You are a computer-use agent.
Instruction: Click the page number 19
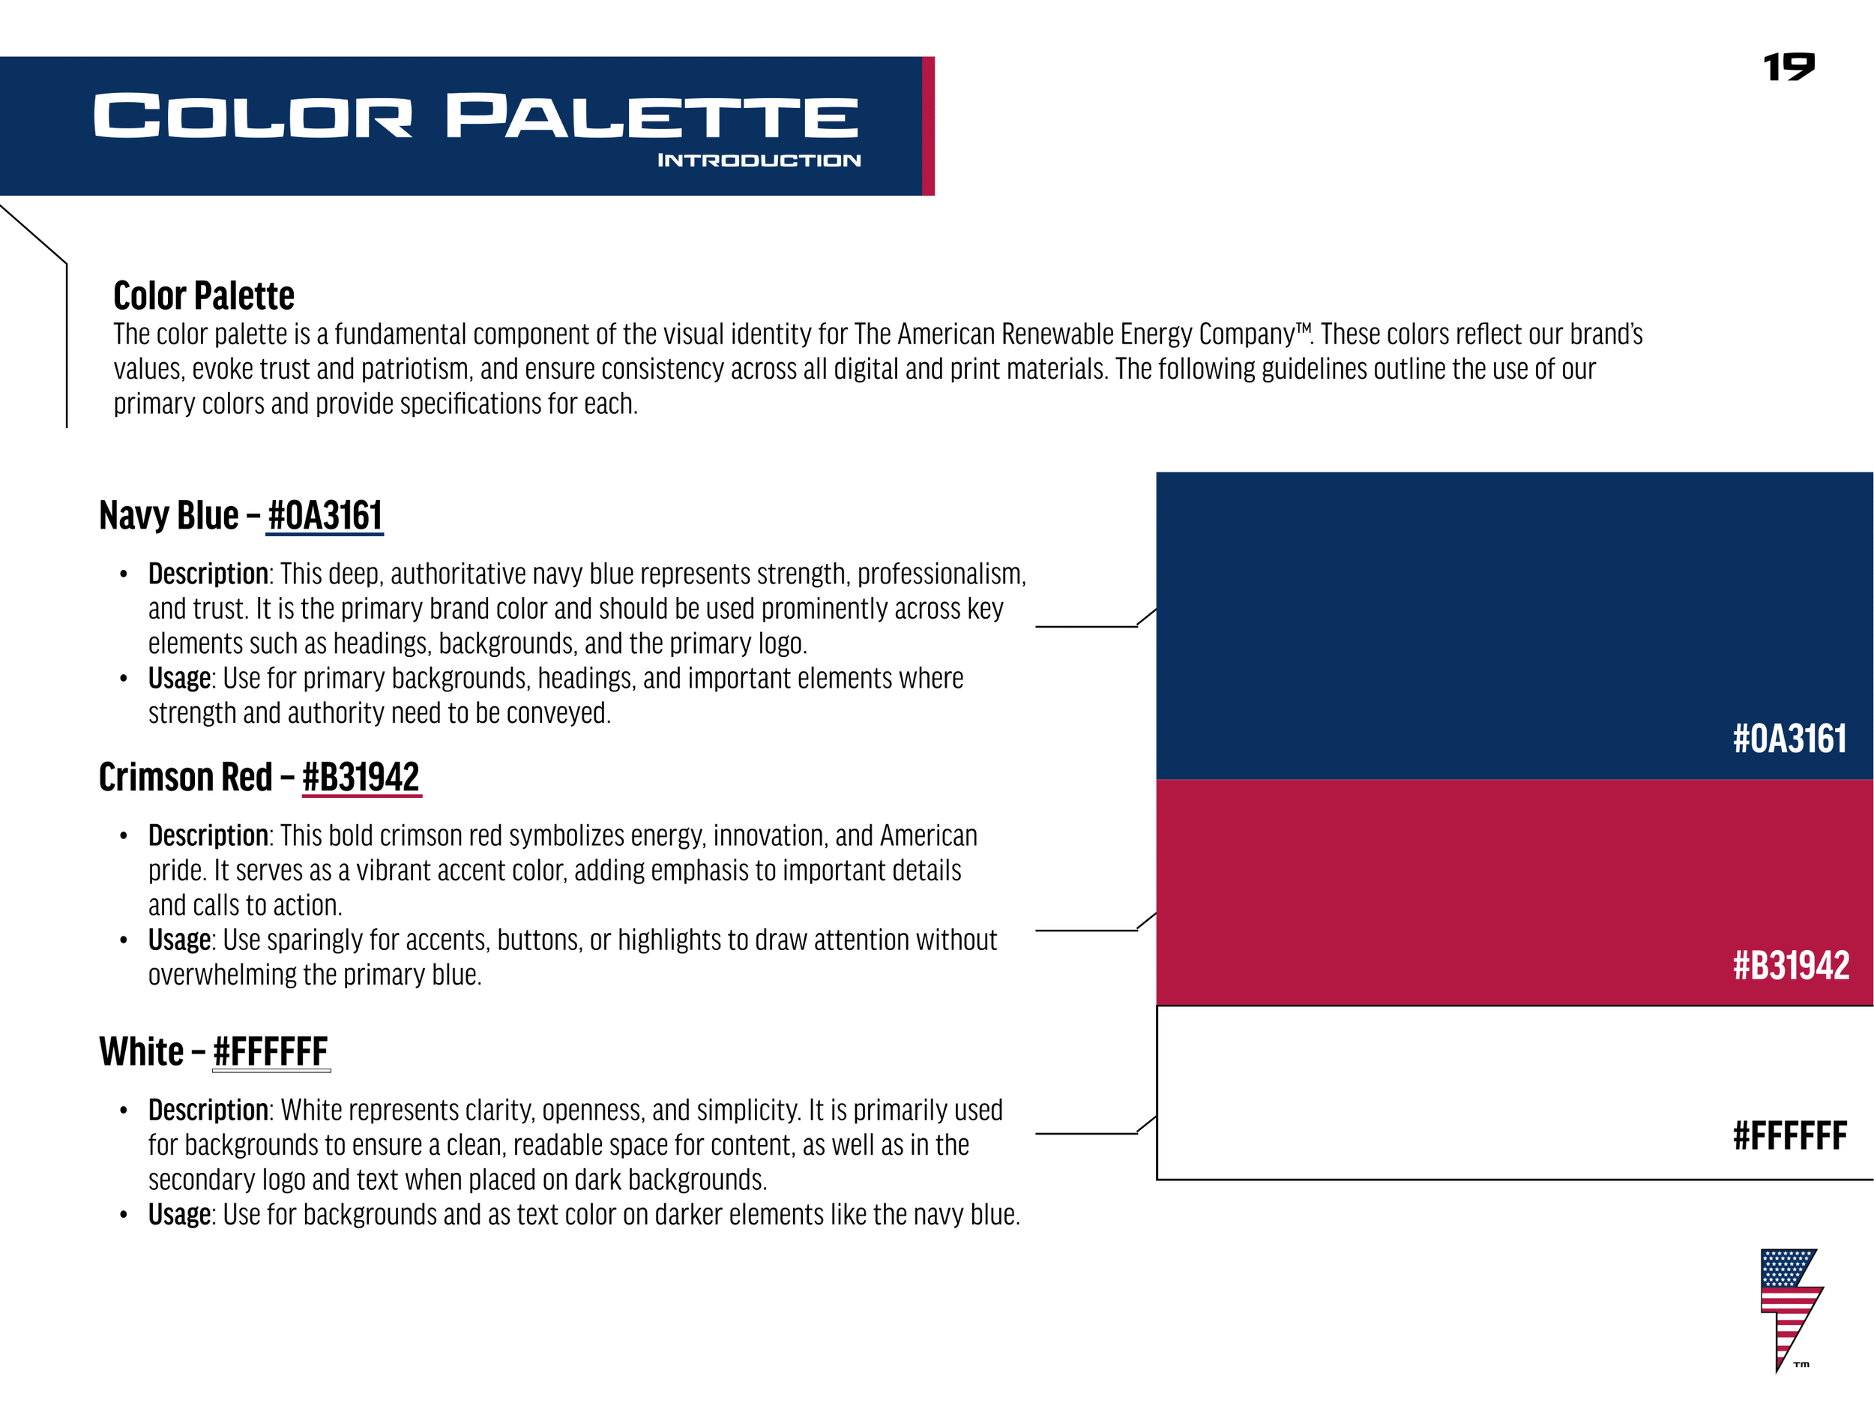point(1789,67)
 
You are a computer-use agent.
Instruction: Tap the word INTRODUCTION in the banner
point(759,160)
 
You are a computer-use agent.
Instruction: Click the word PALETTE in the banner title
point(652,116)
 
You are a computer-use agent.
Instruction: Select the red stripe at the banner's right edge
point(928,125)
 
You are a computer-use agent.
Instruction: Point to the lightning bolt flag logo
point(1789,1306)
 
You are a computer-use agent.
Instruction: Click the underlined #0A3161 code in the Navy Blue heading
point(325,515)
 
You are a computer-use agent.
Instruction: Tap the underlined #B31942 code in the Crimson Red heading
point(361,777)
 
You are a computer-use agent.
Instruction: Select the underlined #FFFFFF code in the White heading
point(271,1052)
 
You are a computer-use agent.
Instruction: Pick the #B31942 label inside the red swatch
point(1791,965)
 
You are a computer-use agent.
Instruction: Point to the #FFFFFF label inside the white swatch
point(1789,1135)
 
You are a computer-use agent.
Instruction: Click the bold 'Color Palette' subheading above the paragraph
point(204,295)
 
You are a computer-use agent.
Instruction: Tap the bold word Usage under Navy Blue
point(178,678)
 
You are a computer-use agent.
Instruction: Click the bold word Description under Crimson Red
point(208,835)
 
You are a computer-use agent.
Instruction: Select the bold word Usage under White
point(178,1215)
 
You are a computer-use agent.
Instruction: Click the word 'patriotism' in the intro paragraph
point(415,370)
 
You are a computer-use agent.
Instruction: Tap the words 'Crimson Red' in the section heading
point(186,777)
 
